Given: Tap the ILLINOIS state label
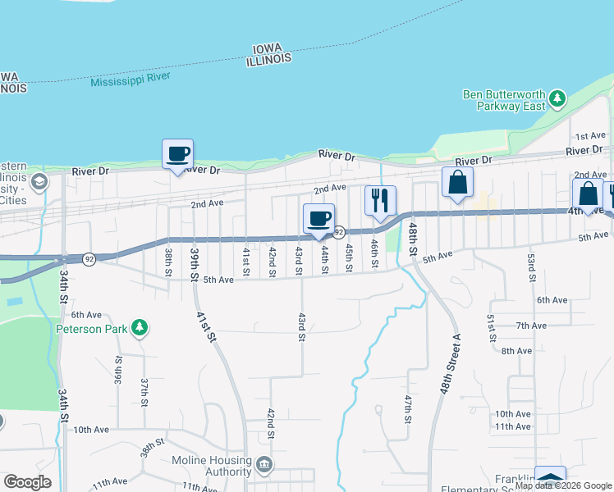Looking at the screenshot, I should (269, 59).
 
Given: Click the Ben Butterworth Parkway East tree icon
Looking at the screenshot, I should (557, 99).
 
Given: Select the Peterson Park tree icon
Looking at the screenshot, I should (140, 329).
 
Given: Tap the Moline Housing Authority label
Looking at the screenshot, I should (211, 466).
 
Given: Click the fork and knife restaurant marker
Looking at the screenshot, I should (380, 200).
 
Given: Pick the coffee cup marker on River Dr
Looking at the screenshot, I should (177, 153).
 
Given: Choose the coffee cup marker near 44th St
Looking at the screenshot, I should (318, 218).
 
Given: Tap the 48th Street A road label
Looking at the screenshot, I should (451, 364).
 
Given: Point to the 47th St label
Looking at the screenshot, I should (408, 408).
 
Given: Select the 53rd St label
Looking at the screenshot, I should (531, 268).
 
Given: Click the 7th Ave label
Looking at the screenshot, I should (531, 326).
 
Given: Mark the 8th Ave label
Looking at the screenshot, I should (516, 351).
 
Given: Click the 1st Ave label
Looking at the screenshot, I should (590, 135).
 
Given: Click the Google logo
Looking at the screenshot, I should (27, 482).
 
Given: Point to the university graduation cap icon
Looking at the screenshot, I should (37, 181).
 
